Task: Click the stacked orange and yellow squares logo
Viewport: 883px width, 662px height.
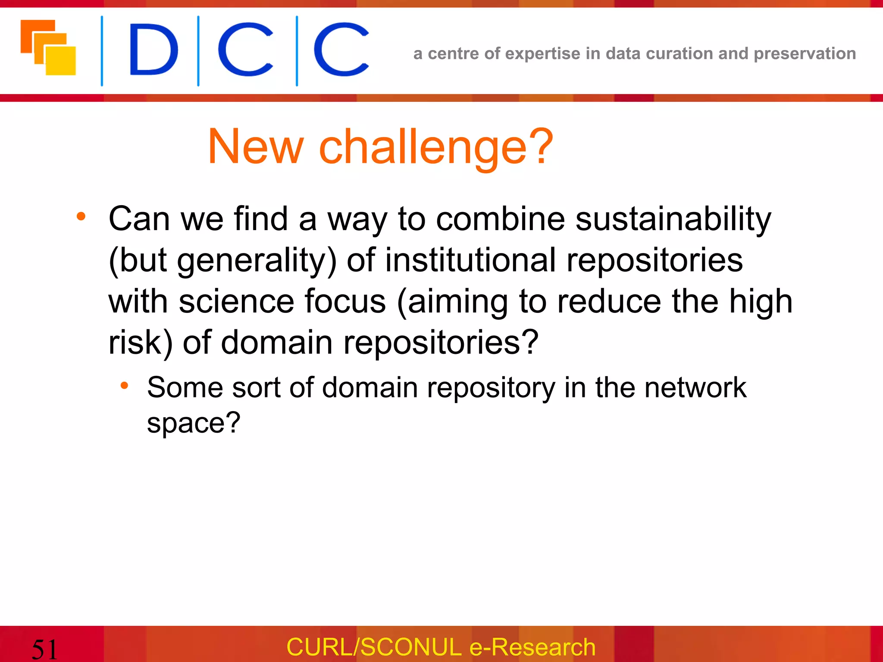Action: [48, 48]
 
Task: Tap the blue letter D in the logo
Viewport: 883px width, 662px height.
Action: [153, 50]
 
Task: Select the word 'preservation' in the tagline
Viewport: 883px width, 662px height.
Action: [805, 54]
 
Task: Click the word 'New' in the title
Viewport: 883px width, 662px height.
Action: [256, 147]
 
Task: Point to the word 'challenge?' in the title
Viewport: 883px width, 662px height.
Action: [436, 147]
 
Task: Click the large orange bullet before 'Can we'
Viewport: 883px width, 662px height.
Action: [81, 216]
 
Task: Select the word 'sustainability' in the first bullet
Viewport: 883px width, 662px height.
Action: [673, 219]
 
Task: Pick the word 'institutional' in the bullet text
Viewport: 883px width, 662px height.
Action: [470, 260]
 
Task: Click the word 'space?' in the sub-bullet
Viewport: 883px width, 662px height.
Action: [194, 423]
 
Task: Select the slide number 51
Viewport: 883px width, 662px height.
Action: [44, 649]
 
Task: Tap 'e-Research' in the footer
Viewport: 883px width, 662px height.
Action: [532, 647]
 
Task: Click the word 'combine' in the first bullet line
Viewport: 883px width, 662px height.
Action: [500, 219]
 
